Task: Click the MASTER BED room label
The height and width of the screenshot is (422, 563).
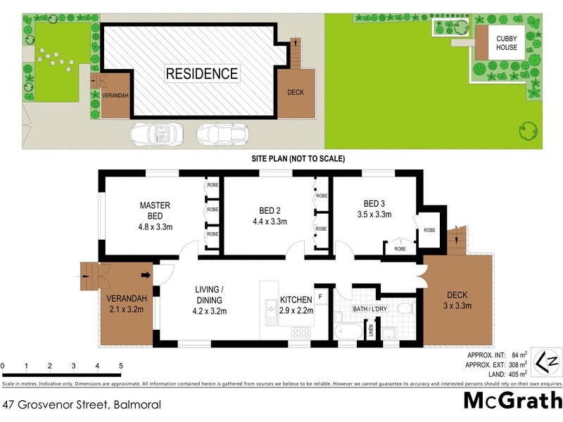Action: click(155, 210)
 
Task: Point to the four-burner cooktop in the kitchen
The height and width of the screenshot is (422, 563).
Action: click(301, 333)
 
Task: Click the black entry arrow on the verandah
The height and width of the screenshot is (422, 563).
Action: click(146, 275)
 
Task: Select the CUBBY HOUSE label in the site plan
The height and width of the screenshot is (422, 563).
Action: click(506, 43)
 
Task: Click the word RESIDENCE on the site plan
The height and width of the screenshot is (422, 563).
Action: click(201, 73)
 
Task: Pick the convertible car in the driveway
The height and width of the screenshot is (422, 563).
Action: click(153, 132)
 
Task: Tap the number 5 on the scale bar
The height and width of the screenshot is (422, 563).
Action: click(121, 366)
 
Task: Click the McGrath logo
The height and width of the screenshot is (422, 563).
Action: click(512, 401)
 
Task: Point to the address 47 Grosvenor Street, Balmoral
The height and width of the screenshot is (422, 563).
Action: click(82, 404)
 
